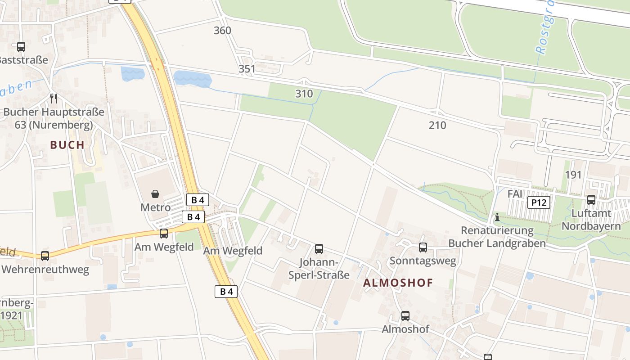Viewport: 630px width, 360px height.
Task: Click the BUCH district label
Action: (67, 145)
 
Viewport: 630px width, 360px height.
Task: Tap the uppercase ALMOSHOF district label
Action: (398, 283)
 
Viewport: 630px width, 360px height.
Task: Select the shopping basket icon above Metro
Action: (155, 194)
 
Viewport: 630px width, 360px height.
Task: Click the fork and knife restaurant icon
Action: (54, 98)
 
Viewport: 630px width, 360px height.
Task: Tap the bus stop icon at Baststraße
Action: (21, 46)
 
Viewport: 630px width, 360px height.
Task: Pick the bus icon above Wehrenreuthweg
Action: (45, 256)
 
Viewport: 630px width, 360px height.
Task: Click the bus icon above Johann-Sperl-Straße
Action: (319, 248)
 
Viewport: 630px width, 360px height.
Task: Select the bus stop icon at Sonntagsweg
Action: (423, 247)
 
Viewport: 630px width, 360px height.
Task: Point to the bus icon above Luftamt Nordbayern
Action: (591, 200)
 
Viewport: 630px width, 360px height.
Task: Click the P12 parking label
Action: (539, 202)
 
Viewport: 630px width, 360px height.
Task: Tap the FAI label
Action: (515, 194)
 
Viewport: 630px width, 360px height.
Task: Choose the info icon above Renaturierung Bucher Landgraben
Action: (497, 217)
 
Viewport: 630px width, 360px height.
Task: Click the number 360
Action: (222, 31)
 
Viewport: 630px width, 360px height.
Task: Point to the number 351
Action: (247, 69)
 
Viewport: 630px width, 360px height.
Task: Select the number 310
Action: (304, 94)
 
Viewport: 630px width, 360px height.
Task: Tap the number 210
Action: (437, 125)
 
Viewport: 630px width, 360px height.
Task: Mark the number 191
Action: (573, 175)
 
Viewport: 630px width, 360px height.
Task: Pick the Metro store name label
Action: (156, 207)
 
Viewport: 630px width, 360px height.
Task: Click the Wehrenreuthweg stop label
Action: (45, 270)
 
